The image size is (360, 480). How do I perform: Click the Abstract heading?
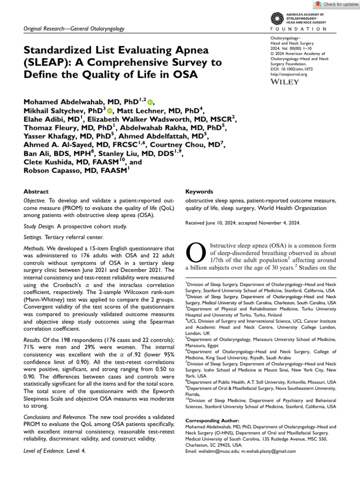coord(36,192)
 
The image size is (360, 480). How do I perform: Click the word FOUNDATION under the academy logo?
coord(299,29)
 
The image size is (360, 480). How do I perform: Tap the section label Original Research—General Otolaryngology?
coord(74,29)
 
